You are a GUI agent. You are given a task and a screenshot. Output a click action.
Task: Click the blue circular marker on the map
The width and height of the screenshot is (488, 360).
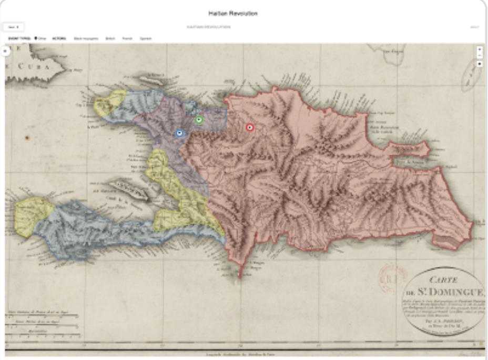[x=179, y=133]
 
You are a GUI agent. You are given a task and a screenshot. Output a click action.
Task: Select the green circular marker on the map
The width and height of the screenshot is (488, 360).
[x=199, y=120]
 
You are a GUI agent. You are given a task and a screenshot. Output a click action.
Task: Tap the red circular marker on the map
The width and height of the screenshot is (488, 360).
[x=250, y=127]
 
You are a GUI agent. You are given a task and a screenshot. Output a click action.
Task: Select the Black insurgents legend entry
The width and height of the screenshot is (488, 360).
[x=86, y=38]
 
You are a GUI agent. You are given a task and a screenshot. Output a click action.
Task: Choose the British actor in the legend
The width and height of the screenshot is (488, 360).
[x=110, y=38]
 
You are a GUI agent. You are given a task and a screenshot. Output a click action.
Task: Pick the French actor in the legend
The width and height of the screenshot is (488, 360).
[x=127, y=38]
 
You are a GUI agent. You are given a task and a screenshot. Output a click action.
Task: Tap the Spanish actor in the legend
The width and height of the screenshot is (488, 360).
[x=145, y=38]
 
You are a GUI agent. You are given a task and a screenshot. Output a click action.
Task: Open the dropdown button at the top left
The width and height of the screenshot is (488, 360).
[x=13, y=26]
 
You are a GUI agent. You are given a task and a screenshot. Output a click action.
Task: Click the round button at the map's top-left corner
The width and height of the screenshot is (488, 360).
[x=5, y=51]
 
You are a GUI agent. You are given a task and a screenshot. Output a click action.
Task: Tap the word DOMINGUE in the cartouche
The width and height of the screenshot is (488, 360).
[x=458, y=292]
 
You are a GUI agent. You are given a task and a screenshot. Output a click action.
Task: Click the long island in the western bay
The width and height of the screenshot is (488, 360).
[x=128, y=190]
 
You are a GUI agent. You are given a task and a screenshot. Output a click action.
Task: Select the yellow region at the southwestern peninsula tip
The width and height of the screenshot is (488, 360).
[x=32, y=216]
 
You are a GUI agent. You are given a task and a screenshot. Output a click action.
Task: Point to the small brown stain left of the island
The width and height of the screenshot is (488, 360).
[x=27, y=137]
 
